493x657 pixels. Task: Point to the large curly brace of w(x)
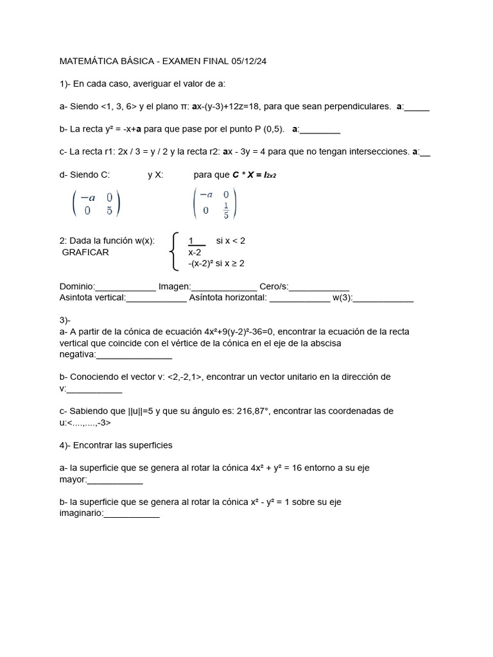click(x=173, y=252)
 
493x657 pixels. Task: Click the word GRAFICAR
click(x=85, y=252)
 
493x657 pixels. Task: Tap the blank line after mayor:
click(x=114, y=480)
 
